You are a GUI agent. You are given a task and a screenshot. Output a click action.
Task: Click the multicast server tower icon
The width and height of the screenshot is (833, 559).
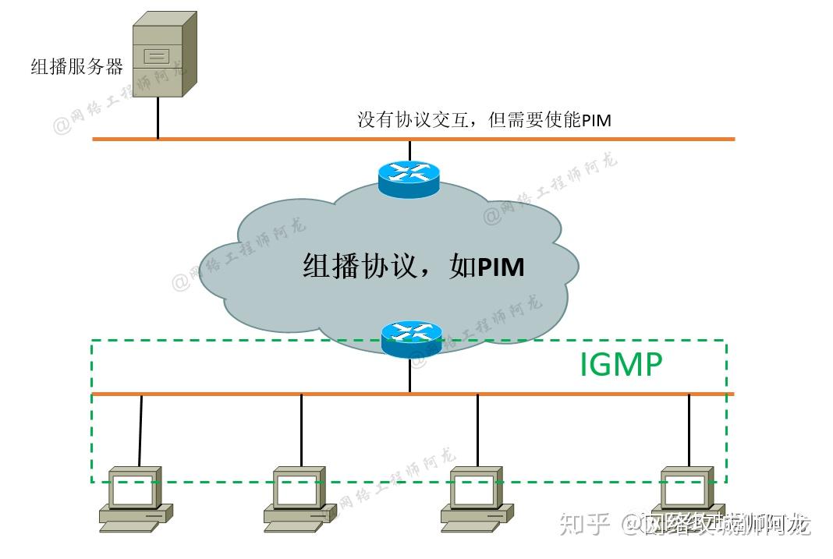pos(163,55)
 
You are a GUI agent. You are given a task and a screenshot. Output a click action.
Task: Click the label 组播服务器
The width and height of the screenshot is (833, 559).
pos(76,67)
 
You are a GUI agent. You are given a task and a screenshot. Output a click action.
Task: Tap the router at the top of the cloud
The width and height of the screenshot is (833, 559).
pos(409,179)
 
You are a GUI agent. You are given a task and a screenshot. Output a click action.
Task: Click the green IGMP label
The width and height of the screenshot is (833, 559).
pos(621,365)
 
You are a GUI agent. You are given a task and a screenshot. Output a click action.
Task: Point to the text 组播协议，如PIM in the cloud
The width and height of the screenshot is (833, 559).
pos(413,267)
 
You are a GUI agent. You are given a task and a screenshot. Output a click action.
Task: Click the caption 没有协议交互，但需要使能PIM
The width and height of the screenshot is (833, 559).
pos(484,120)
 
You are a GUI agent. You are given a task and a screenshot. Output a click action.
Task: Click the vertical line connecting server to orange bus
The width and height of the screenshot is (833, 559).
pos(158,118)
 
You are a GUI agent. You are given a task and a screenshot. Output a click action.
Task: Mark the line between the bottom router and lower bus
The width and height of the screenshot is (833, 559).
pos(409,377)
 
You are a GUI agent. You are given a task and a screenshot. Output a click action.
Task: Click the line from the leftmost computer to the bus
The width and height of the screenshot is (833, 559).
pos(140,429)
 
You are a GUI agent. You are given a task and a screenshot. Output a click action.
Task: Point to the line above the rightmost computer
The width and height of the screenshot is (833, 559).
pos(689,429)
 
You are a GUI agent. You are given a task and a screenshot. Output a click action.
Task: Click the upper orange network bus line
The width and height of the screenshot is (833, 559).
pos(546,139)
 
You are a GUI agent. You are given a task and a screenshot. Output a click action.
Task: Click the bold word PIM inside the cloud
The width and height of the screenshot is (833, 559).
pos(501,268)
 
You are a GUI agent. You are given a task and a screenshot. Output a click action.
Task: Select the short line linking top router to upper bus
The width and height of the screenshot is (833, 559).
pos(409,150)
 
